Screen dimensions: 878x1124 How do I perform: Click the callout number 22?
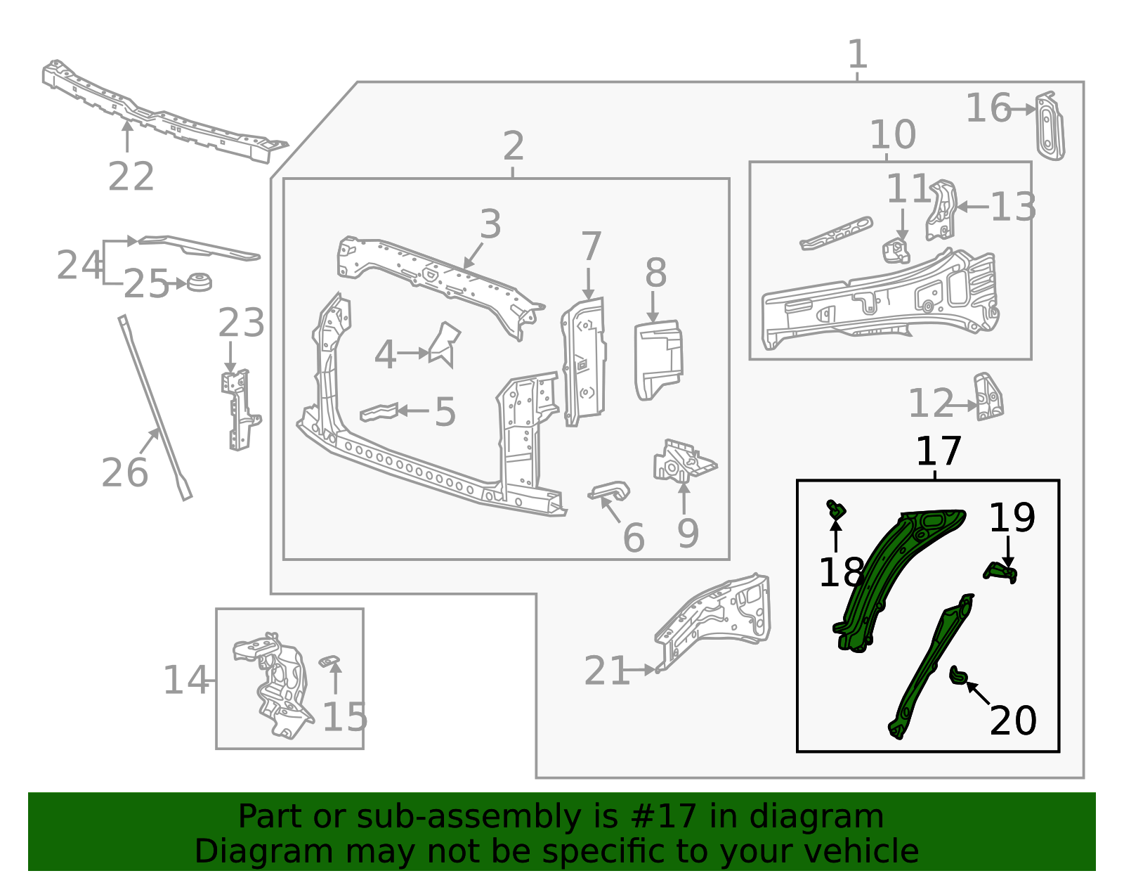pyautogui.click(x=131, y=176)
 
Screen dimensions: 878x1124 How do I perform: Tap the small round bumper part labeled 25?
pyautogui.click(x=199, y=283)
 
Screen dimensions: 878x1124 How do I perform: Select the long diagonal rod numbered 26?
pyautogui.click(x=155, y=408)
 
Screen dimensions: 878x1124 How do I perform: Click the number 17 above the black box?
pyautogui.click(x=938, y=451)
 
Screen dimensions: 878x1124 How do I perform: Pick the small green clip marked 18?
pyautogui.click(x=836, y=510)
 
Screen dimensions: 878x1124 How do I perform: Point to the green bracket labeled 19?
pyautogui.click(x=1000, y=572)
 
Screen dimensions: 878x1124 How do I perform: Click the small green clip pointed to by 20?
pyautogui.click(x=958, y=676)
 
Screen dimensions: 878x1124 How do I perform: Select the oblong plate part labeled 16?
pyautogui.click(x=1050, y=127)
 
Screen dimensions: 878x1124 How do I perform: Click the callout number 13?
pyautogui.click(x=1012, y=207)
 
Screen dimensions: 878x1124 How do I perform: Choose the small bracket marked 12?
pyautogui.click(x=988, y=397)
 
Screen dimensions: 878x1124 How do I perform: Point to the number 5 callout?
pyautogui.click(x=445, y=412)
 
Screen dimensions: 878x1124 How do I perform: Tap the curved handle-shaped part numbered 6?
pyautogui.click(x=610, y=491)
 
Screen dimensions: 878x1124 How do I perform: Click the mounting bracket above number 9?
pyautogui.click(x=681, y=463)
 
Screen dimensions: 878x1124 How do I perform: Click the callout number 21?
pyautogui.click(x=606, y=671)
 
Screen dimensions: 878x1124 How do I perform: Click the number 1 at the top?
pyautogui.click(x=857, y=54)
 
